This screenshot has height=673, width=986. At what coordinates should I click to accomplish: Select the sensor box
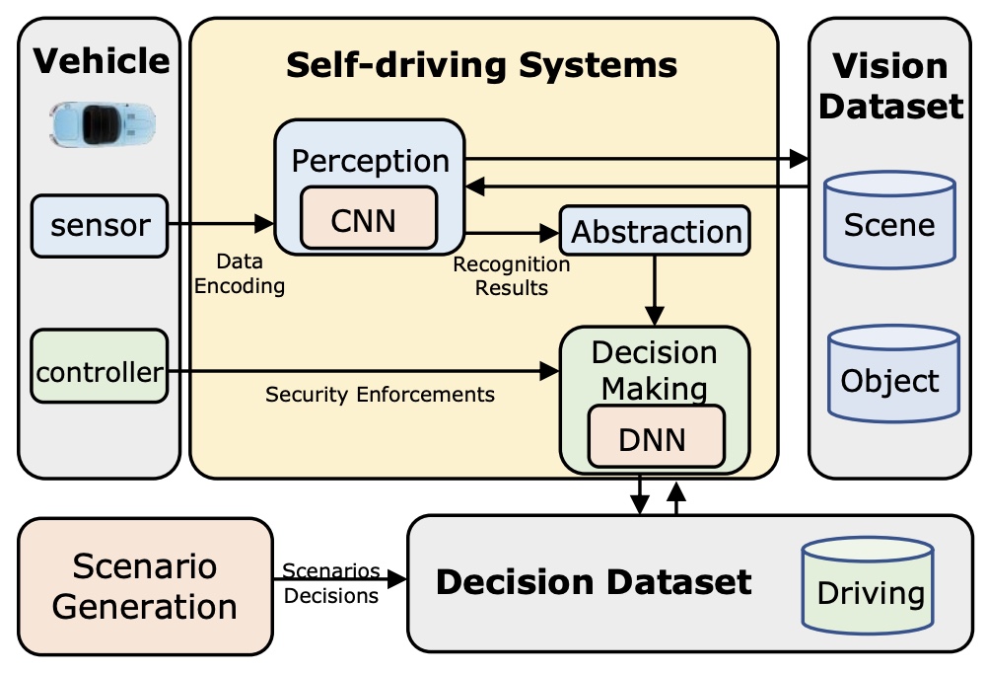99,225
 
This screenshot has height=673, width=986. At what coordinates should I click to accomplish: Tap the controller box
99,372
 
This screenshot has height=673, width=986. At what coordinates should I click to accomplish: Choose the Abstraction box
656,232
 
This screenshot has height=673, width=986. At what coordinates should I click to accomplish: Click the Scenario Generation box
145,585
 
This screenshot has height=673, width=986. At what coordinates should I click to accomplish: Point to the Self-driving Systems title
482,65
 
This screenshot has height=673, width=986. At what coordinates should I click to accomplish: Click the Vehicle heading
102,61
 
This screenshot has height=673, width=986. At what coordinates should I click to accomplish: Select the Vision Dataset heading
890,86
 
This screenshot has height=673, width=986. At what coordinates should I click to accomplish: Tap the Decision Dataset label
594,582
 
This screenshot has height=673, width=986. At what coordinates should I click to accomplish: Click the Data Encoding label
240,274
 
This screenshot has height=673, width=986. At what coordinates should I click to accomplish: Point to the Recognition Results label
511,276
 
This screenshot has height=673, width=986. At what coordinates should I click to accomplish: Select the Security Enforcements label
380,395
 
